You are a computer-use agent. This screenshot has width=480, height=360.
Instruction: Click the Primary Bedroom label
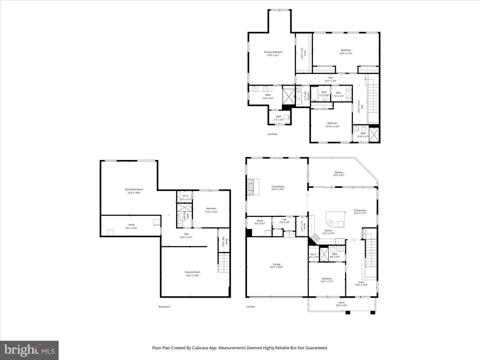[x=273, y=52]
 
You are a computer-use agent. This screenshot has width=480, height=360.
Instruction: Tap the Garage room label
[x=277, y=264]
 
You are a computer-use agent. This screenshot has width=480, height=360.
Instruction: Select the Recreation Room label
[x=134, y=189]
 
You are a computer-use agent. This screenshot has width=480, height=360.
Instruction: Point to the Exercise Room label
[x=192, y=272]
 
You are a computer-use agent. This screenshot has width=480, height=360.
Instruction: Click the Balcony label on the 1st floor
[x=339, y=172]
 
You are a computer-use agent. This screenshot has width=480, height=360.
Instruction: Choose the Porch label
[x=341, y=303]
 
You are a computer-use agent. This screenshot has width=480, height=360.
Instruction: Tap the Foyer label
[x=361, y=282]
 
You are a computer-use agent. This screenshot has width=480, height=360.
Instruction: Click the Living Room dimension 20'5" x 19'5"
[x=278, y=189]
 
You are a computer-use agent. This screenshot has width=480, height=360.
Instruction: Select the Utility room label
[x=131, y=225]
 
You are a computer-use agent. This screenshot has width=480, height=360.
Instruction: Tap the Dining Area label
[x=360, y=210]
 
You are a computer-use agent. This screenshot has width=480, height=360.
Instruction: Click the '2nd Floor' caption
[x=272, y=134]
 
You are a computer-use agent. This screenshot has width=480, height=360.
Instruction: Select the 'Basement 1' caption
[x=164, y=307]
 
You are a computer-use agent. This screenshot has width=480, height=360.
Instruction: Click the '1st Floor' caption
[x=250, y=307]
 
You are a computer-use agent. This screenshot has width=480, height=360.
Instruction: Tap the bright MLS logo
[x=29, y=350]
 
